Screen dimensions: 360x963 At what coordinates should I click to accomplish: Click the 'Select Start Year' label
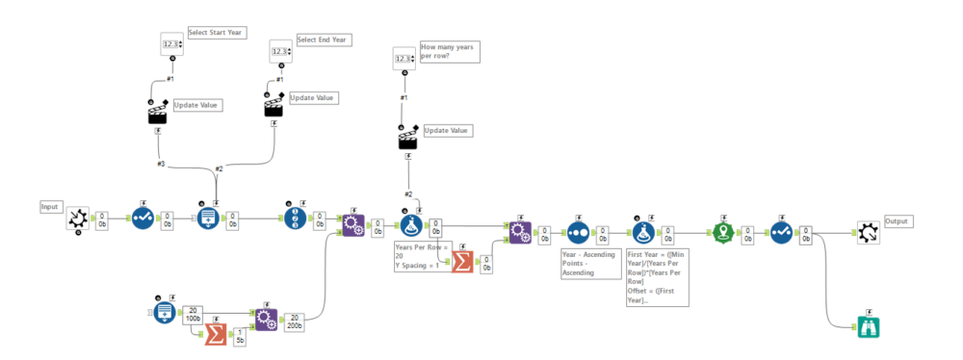pyautogui.click(x=216, y=33)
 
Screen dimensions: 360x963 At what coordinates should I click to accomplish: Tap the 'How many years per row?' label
pyautogui.click(x=448, y=50)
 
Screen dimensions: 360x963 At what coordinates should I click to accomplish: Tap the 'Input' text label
pyautogui.click(x=50, y=207)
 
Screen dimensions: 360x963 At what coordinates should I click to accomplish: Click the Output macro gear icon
pyautogui.click(x=869, y=232)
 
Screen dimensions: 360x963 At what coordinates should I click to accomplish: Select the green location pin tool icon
pyautogui.click(x=722, y=233)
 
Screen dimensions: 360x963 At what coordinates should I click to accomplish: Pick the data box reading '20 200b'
pyautogui.click(x=295, y=321)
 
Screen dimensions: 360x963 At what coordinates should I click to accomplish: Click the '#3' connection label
pyautogui.click(x=162, y=164)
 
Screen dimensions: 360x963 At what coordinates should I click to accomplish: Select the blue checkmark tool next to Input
pyautogui.click(x=143, y=220)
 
